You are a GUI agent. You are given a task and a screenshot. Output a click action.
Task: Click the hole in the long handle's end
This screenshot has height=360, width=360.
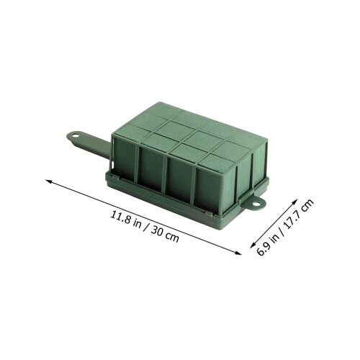[x=76, y=136]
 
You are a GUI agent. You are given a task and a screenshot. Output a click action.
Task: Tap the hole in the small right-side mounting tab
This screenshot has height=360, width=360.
[x=256, y=204]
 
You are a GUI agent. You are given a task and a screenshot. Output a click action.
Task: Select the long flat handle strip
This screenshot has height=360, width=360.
[x=89, y=145]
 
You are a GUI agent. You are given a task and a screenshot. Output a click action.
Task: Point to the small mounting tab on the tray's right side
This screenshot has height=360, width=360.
[x=254, y=204]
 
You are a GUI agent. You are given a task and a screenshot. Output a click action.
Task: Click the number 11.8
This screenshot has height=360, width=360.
[x=120, y=217]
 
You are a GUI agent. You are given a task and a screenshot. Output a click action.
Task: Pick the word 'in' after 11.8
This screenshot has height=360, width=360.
[x=138, y=224]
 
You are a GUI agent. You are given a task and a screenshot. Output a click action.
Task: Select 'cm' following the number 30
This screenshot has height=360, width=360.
[x=173, y=237]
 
